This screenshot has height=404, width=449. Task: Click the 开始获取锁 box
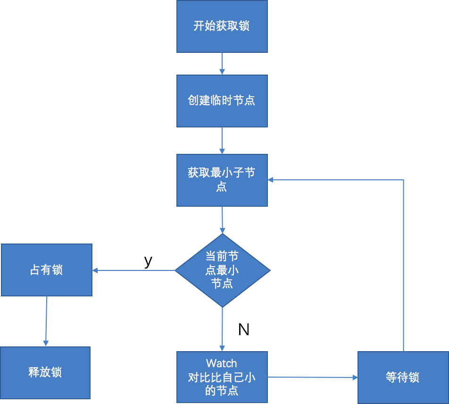(x=222, y=26)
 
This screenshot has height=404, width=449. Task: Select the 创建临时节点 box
(x=222, y=101)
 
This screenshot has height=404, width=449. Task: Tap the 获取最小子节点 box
(x=222, y=180)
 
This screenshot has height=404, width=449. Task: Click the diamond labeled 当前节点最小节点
(x=222, y=270)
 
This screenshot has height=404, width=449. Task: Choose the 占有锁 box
(x=46, y=270)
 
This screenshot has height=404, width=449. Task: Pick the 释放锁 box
(x=45, y=373)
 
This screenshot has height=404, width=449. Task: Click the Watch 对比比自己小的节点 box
(x=222, y=377)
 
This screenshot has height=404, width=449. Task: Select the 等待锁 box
(x=402, y=378)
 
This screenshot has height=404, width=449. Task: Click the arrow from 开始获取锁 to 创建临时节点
(x=222, y=64)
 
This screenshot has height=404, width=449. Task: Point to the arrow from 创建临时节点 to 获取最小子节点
(x=222, y=141)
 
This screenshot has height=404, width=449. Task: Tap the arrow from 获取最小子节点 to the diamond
(x=222, y=220)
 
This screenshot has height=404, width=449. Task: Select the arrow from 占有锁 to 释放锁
(x=46, y=321)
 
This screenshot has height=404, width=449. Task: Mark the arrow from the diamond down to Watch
(x=222, y=329)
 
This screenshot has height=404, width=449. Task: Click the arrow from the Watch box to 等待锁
(x=312, y=377)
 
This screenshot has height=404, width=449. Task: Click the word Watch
(x=222, y=363)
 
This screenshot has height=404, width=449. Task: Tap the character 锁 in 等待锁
(x=414, y=378)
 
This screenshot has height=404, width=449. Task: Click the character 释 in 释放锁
(x=33, y=373)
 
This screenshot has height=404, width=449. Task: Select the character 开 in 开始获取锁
(x=199, y=26)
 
